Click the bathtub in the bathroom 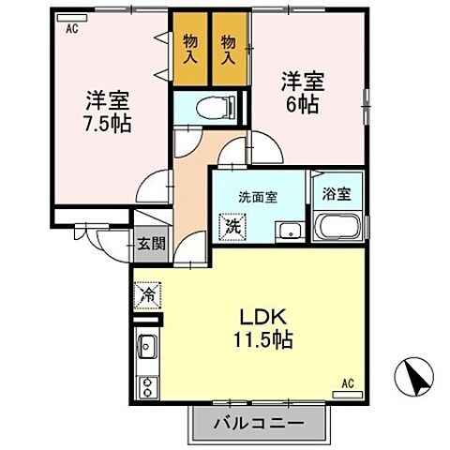(x=337, y=228)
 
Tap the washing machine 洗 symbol (x=231, y=226)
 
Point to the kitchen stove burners (x=148, y=386)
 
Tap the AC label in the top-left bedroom (x=71, y=29)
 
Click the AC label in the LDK (x=347, y=382)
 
